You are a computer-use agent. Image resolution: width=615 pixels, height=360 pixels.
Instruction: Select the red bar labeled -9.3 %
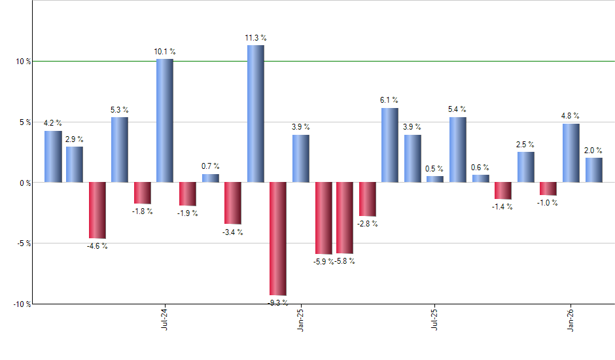(278, 239)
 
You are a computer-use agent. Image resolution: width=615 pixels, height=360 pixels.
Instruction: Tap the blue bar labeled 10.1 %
(165, 120)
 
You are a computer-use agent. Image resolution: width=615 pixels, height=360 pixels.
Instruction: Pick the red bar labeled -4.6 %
(97, 210)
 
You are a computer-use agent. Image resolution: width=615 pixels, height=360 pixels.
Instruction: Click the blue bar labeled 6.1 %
(390, 145)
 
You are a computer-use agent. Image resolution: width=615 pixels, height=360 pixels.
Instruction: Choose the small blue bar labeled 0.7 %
(210, 178)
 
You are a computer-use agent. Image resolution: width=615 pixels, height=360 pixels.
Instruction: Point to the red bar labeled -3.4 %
(232, 203)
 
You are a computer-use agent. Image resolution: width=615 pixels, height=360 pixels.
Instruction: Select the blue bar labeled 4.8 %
(571, 153)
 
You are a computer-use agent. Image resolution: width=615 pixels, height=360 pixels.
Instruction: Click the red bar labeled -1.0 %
(548, 189)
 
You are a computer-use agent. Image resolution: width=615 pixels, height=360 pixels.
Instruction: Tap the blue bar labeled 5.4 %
(458, 149)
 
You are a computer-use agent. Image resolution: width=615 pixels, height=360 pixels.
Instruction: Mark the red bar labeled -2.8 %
(368, 199)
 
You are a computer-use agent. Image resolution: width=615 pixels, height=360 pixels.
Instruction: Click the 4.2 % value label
(53, 122)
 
